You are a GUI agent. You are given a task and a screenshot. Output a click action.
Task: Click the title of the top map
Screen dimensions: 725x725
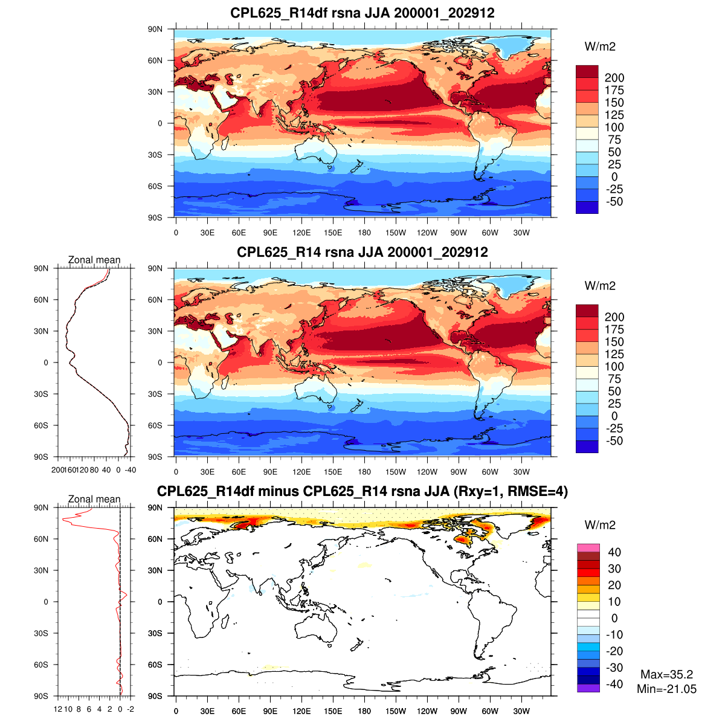pos(362,13)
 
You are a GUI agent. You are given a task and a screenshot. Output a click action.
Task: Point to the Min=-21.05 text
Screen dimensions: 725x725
pos(666,689)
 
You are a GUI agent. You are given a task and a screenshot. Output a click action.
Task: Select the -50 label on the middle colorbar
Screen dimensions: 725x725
pos(613,441)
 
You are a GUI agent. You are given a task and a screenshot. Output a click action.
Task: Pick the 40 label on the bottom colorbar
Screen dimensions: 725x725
pos(614,552)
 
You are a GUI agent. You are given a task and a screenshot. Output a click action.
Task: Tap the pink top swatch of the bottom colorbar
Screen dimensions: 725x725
pos(588,548)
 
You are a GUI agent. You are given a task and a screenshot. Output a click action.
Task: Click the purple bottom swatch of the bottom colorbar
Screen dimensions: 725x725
pos(588,688)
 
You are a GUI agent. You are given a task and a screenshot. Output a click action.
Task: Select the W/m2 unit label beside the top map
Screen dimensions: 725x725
pos(600,47)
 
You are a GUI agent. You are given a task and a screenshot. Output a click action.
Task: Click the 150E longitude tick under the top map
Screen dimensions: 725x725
pos(333,233)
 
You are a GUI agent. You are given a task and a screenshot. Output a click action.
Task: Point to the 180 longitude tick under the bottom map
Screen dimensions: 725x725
pos(364,711)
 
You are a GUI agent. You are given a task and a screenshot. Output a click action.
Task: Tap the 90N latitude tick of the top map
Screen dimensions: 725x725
pos(155,29)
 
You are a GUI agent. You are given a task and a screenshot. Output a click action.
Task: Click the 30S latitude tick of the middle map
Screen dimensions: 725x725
pos(155,394)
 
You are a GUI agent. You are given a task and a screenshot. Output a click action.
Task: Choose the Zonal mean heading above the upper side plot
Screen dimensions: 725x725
pos(94,260)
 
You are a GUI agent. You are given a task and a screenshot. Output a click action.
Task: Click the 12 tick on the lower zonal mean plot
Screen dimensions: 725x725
pos(58,709)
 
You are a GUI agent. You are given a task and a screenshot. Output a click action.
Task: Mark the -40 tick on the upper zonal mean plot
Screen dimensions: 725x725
pos(130,469)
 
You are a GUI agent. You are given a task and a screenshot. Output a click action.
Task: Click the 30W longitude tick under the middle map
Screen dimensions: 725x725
pos(521,472)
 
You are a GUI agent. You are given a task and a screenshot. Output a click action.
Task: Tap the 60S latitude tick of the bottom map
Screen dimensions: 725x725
pos(155,665)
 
